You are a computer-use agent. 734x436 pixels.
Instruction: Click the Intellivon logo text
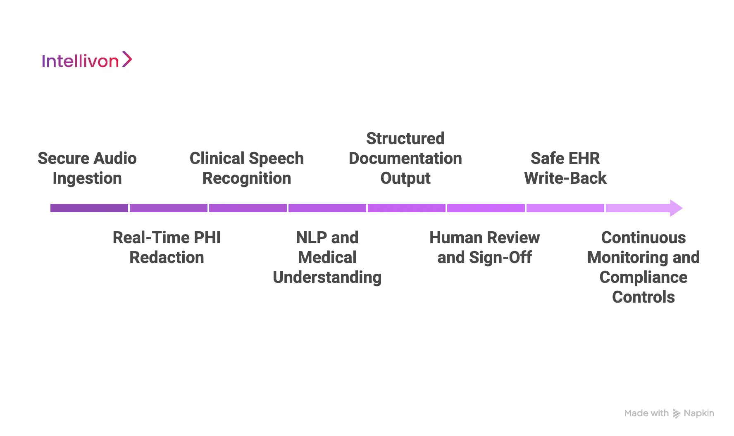pos(80,61)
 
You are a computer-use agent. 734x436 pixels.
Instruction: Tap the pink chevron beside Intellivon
pos(127,59)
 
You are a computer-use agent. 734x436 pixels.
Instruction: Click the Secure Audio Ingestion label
pos(87,168)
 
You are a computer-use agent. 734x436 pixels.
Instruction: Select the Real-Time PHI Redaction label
pos(167,247)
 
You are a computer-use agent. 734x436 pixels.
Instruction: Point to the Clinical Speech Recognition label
pos(246,168)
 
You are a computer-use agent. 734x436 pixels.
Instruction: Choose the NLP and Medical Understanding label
pos(327,257)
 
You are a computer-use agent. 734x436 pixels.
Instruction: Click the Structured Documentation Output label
pos(405,158)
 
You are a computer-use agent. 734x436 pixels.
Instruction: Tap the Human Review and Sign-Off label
pos(484,247)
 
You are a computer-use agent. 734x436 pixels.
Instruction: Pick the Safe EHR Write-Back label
pos(565,168)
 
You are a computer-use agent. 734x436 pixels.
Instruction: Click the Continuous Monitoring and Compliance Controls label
pos(643,267)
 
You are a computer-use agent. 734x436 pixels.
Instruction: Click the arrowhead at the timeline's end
pos(675,208)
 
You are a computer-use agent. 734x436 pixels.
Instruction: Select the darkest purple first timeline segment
pos(89,208)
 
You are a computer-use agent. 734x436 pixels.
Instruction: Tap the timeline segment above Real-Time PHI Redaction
pos(169,208)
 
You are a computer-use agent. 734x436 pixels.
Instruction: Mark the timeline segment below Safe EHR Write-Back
pos(565,208)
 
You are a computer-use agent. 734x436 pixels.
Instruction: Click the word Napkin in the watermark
pos(698,413)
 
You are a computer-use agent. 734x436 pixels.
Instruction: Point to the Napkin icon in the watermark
pos(676,414)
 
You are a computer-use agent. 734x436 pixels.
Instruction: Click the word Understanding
pos(327,277)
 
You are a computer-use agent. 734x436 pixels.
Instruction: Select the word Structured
pos(405,139)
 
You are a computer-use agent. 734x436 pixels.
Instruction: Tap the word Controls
pos(643,297)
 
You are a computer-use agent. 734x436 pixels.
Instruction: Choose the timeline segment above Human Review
pos(486,208)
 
